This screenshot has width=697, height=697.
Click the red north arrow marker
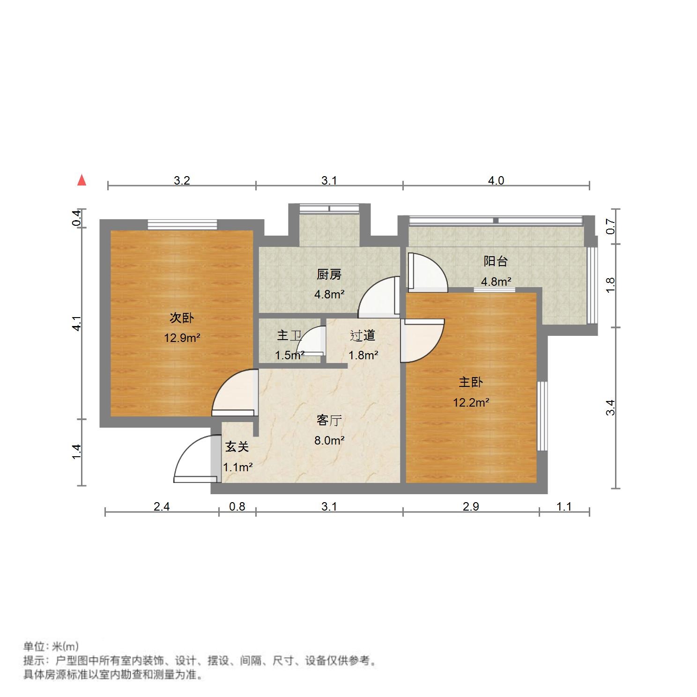point(82,180)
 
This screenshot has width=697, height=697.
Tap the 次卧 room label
point(181,318)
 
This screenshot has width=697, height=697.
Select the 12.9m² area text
point(182,337)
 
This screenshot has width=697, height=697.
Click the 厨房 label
point(329,274)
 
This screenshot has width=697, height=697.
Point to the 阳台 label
point(496,261)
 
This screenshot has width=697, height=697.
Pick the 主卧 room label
point(470,382)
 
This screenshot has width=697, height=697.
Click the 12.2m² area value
point(471,402)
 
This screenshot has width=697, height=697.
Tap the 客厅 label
point(329,420)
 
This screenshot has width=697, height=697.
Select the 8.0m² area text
point(329,440)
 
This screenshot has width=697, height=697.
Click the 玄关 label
point(237,447)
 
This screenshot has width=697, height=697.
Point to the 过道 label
point(363,335)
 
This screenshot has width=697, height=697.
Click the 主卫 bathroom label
point(289,335)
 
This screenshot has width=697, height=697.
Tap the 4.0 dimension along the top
point(496,180)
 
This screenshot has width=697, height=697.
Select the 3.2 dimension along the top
point(182,180)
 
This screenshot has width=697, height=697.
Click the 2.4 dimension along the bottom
point(162,506)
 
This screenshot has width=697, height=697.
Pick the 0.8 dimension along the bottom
point(237,506)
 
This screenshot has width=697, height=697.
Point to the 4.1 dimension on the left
point(77,323)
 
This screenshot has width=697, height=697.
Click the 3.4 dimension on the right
point(610,407)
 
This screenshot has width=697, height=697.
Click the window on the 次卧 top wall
point(182,225)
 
